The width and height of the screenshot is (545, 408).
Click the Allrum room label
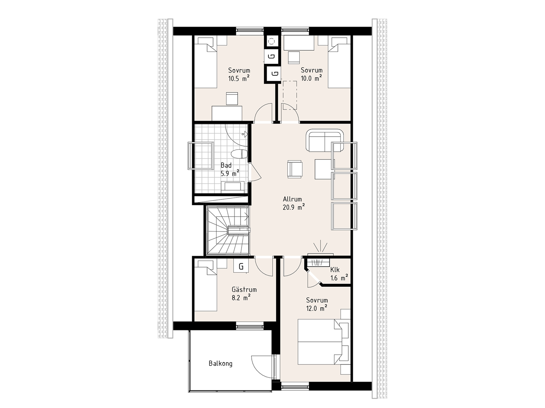pos(292,199)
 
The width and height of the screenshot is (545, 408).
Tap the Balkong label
pos(221,363)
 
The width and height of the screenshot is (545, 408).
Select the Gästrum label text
pos(244,290)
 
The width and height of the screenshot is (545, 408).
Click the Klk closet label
pos(335,270)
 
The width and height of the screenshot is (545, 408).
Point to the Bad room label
pos(226,165)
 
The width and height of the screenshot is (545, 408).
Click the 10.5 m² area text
pos(239,78)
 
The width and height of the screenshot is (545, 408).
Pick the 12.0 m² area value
pos(317,308)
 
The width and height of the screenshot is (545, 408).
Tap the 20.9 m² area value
pos(293,208)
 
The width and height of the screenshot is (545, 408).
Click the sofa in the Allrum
pos(325,140)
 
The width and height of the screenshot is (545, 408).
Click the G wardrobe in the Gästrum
pos(241,266)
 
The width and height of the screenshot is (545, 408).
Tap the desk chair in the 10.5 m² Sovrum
pos(232,98)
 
